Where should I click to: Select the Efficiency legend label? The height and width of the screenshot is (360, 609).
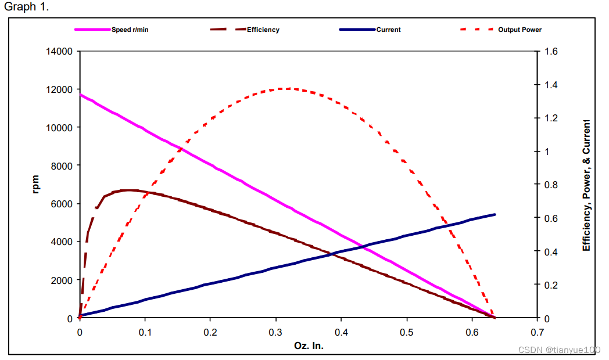(263, 30)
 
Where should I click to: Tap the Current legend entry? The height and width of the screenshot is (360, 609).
(388, 30)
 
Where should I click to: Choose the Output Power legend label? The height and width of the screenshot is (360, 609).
(520, 30)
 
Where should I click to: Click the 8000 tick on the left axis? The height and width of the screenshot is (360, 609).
(62, 166)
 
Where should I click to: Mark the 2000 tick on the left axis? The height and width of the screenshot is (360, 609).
(62, 280)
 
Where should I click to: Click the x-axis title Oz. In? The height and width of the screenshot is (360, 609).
(308, 345)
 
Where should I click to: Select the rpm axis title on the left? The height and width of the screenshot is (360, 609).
(36, 184)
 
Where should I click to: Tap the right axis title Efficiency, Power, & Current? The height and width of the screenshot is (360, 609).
(586, 185)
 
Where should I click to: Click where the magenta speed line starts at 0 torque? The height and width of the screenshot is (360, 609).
(80, 94)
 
